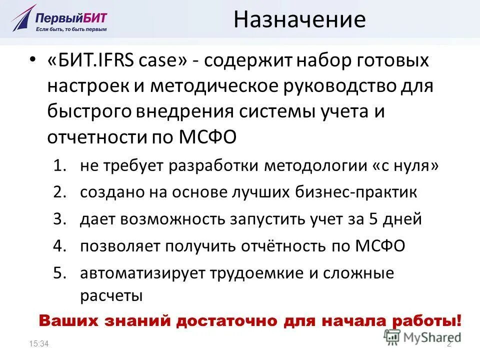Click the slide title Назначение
point(299,20)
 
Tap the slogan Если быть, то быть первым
point(70,30)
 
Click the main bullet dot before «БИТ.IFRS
point(32,61)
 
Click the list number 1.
point(60,166)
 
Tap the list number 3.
point(60,219)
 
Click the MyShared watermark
point(422,336)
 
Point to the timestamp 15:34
point(39,343)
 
